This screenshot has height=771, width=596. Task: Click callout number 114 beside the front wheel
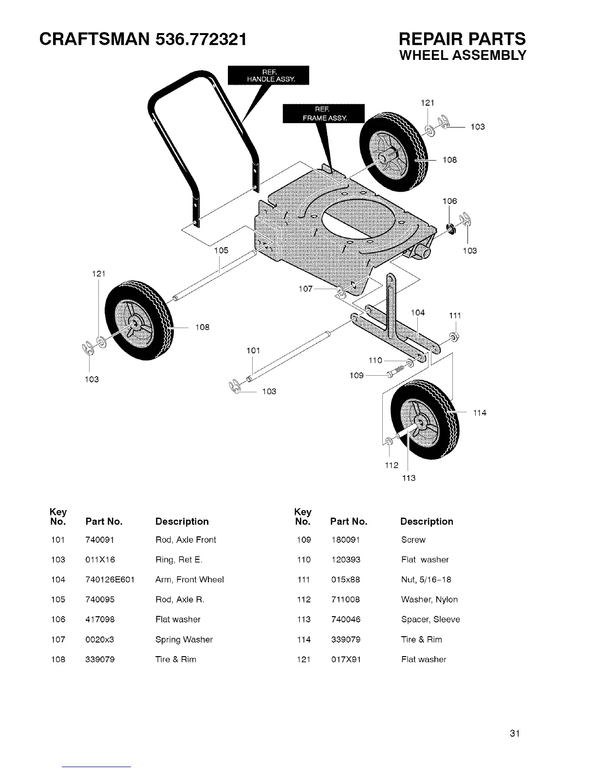pos(480,413)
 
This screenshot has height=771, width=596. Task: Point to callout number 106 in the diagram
pos(449,201)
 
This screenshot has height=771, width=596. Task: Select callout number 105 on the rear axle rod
pos(221,251)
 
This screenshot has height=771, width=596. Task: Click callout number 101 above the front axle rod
pos(253,350)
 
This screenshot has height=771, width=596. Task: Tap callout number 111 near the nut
pos(455,316)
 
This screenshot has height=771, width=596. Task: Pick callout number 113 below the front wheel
pos(409,478)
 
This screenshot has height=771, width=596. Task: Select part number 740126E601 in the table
pos(110,580)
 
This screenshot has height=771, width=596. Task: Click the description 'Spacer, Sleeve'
pos(430,620)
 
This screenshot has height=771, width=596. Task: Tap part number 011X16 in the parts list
pos(100,560)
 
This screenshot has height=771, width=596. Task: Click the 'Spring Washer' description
pos(184,640)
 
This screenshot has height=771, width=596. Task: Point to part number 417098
pos(100,620)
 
